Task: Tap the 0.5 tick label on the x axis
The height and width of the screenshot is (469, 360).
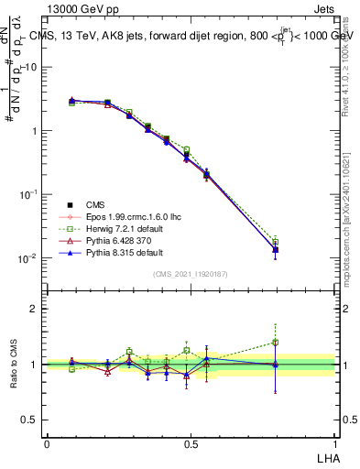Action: (x=191, y=443)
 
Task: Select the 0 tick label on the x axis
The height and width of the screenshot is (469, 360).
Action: (x=47, y=443)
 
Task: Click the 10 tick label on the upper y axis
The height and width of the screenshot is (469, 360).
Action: (x=31, y=67)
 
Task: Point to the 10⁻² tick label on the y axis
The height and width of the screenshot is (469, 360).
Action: (x=28, y=258)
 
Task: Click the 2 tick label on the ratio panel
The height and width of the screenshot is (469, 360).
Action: (x=34, y=309)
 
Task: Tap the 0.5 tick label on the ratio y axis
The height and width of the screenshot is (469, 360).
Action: (x=30, y=420)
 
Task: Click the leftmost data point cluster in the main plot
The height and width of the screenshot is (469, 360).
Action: (x=72, y=101)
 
